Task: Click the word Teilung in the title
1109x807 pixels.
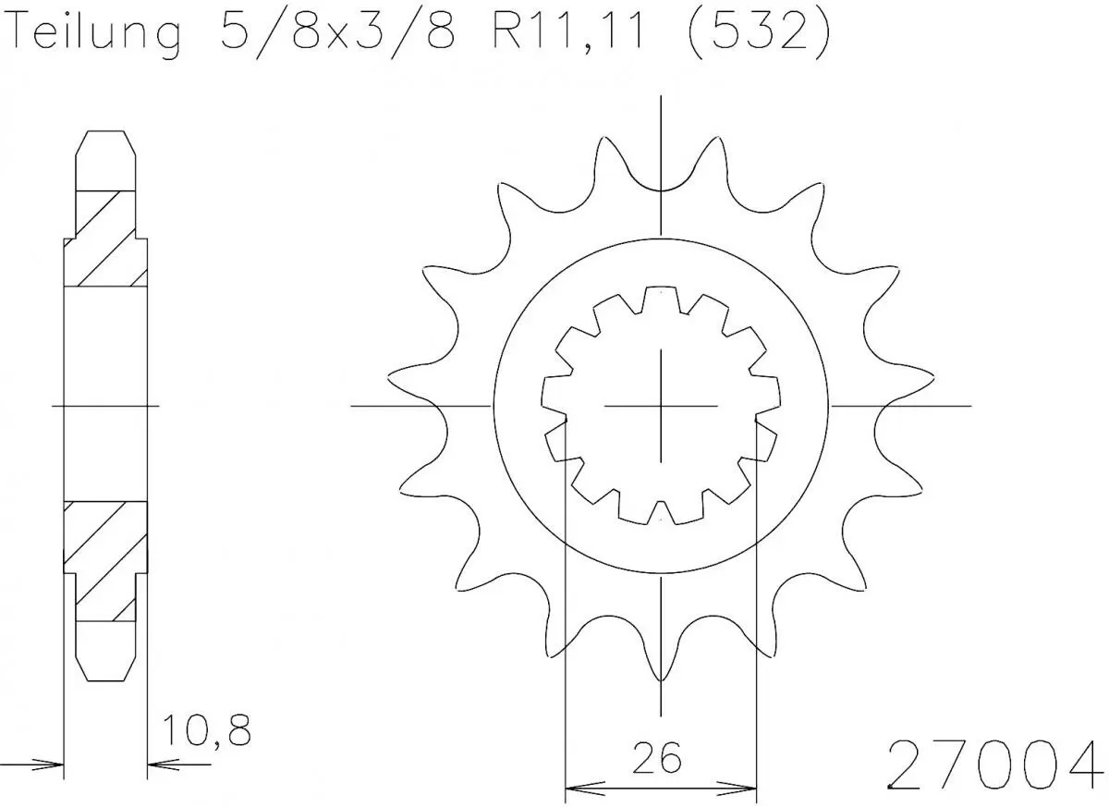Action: pos(91,35)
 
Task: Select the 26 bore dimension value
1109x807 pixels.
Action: pos(659,758)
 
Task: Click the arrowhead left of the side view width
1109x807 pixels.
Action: pos(52,764)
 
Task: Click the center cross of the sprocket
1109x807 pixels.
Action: pos(661,405)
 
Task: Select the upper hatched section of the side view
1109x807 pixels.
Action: pos(104,238)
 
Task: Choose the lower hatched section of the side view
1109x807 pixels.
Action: pos(104,560)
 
